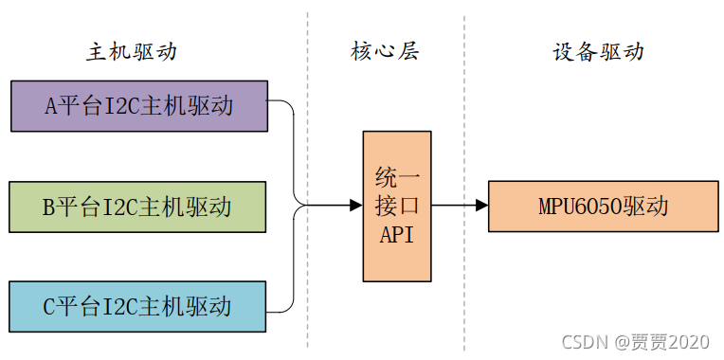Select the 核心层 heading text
point(385,51)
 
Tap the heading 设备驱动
point(597,51)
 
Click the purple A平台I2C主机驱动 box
point(138,105)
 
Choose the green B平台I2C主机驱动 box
point(138,206)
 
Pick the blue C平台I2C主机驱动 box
point(138,306)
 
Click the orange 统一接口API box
point(397,206)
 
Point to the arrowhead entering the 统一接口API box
point(356,205)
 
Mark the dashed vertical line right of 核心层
point(464,114)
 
